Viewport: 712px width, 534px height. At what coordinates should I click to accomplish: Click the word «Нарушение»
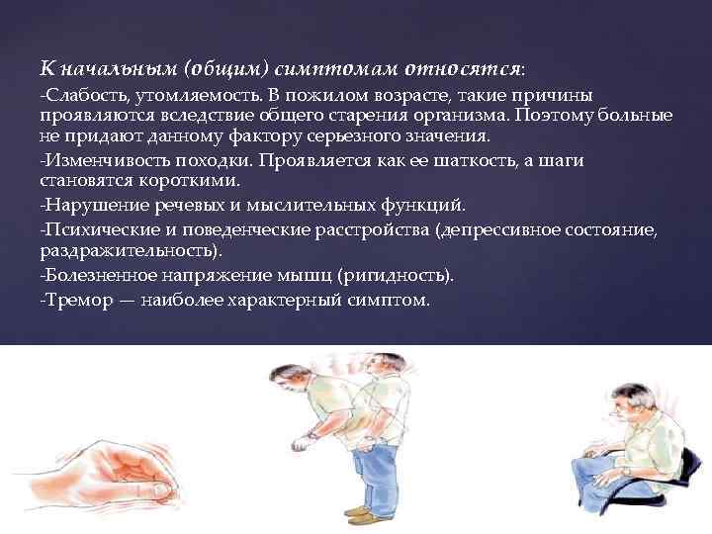click(x=84, y=206)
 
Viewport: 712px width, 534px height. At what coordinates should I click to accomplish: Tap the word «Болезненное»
click(x=92, y=275)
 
